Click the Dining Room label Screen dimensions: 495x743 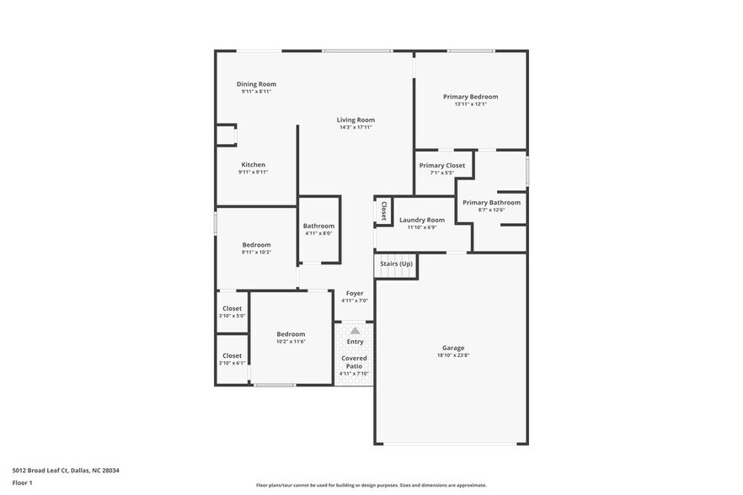[x=256, y=84]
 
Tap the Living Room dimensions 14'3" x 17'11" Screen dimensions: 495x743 [x=356, y=128]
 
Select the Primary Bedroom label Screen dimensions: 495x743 [x=470, y=97]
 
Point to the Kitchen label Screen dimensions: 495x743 [x=253, y=164]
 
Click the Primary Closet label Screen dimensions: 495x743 [x=441, y=166]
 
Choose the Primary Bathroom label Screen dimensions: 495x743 [x=491, y=202]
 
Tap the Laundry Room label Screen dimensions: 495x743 [x=421, y=220]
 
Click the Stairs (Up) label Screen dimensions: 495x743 [x=396, y=263]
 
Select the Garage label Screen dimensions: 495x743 [x=453, y=348]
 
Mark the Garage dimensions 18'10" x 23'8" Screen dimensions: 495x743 [x=453, y=355]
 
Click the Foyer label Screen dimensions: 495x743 [x=354, y=293]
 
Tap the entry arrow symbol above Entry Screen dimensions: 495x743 [x=355, y=331]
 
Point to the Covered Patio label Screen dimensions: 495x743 [x=354, y=362]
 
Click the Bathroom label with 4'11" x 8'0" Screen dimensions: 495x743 [x=318, y=226]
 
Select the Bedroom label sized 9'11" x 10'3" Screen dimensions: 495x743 [x=256, y=245]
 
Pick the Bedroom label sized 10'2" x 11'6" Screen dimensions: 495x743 [x=291, y=333]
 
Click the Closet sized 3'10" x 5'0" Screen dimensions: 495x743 [x=232, y=309]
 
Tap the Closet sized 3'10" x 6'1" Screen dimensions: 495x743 [x=232, y=355]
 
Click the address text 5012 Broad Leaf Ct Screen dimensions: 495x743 [x=42, y=471]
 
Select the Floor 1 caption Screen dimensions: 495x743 [x=22, y=482]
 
